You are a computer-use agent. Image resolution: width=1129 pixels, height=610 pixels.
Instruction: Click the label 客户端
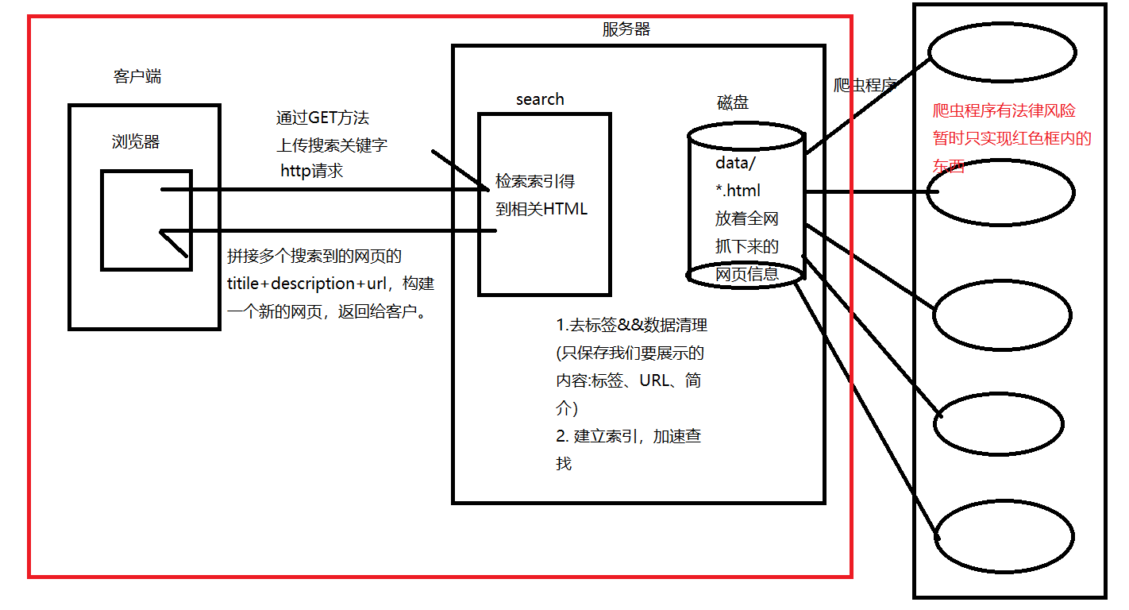point(138,77)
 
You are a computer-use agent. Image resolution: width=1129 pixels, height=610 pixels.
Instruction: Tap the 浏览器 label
point(136,142)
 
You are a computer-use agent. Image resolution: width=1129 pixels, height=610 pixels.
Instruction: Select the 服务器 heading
point(626,29)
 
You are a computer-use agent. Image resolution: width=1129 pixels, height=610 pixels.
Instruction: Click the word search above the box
point(540,99)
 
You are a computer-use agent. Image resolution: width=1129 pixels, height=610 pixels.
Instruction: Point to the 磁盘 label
point(732,102)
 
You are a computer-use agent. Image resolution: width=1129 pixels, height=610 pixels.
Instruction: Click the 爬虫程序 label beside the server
point(864,85)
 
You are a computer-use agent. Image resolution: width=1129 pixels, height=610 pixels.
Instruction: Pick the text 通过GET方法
point(322,118)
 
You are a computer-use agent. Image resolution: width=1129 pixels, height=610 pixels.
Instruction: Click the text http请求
point(312,170)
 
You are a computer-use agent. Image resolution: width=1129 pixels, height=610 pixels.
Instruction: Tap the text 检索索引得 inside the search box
point(535,181)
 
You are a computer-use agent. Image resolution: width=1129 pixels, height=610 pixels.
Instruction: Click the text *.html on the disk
point(738,191)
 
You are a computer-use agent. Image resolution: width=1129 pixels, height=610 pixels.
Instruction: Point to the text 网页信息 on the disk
point(746,274)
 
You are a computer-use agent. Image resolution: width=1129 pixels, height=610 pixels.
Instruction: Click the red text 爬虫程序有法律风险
point(1004,111)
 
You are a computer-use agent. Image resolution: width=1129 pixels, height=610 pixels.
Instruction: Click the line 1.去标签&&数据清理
point(631,325)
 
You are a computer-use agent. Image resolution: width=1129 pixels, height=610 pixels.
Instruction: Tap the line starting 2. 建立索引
point(628,436)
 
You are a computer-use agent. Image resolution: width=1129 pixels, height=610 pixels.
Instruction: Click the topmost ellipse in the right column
point(1002,52)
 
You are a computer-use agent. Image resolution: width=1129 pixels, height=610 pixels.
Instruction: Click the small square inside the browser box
point(146,220)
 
